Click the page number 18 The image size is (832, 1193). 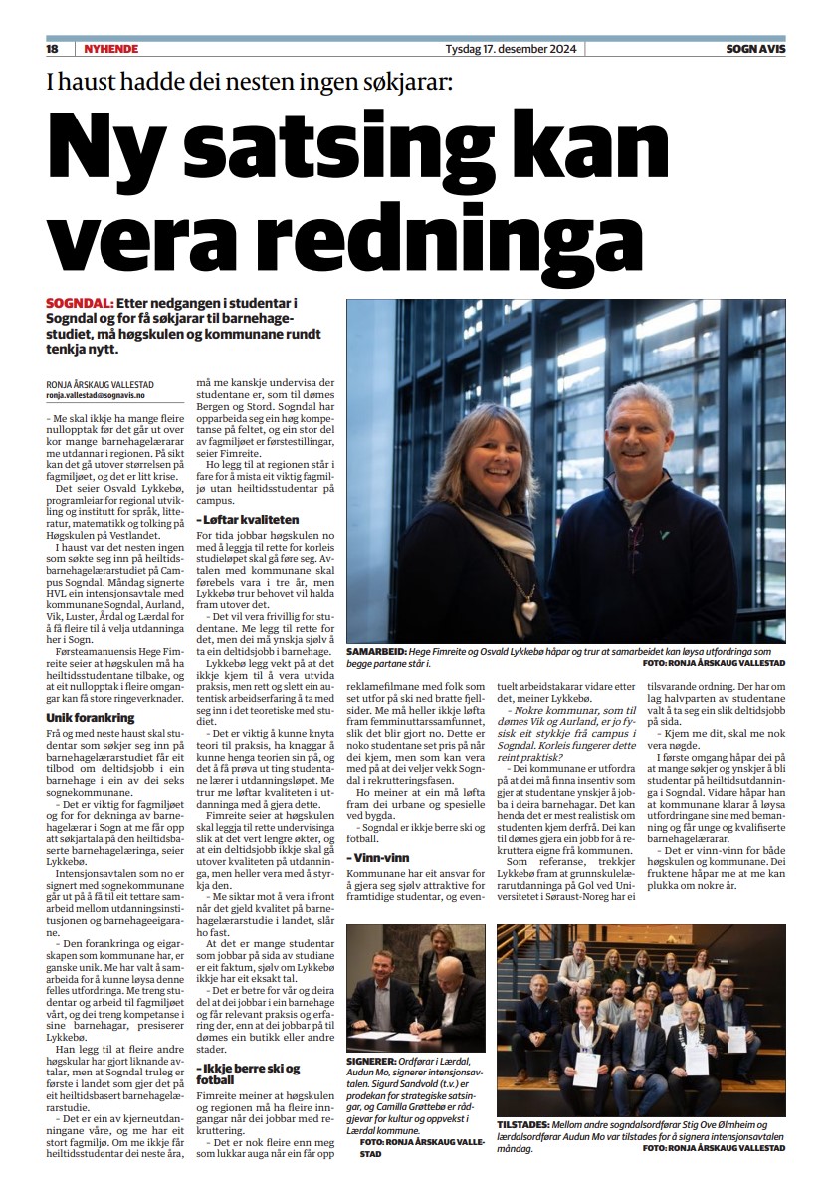pos(53,49)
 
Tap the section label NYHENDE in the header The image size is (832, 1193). pos(109,49)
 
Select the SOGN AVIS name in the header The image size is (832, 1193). pos(755,49)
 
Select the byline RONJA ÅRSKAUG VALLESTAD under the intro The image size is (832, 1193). pos(100,384)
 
